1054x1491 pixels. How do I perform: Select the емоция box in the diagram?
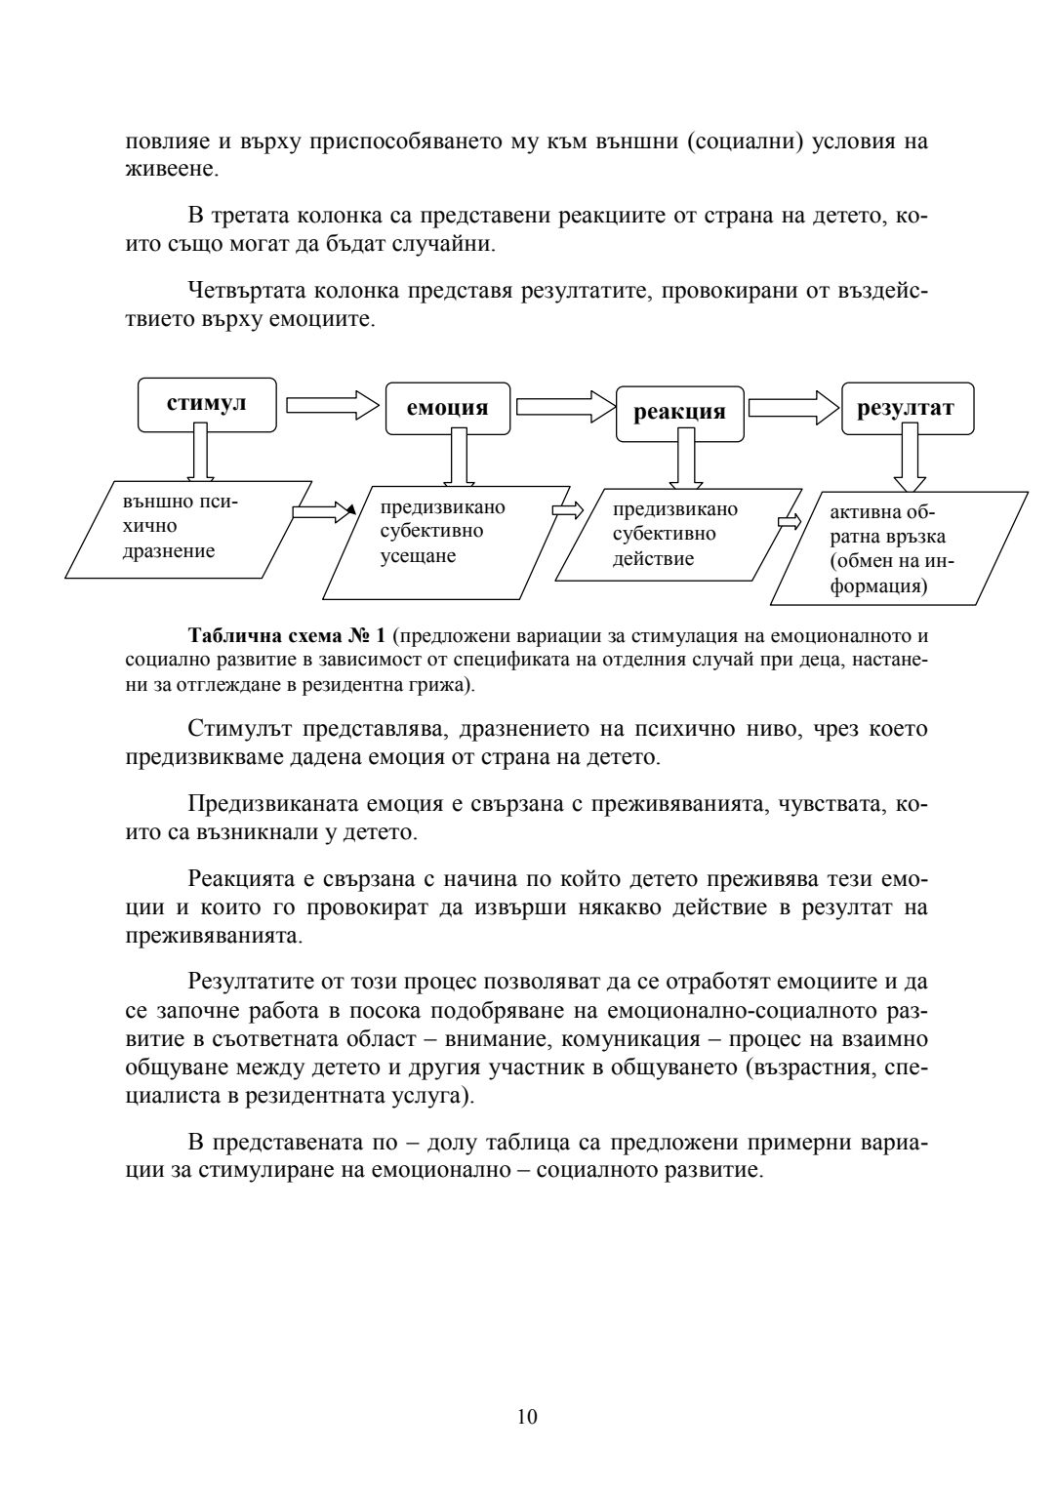pyautogui.click(x=447, y=408)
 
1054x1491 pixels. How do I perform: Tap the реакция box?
pyautogui.click(x=679, y=412)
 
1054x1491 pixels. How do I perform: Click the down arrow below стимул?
pyautogui.click(x=203, y=456)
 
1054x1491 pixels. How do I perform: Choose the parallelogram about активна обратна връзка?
pyautogui.click(x=898, y=548)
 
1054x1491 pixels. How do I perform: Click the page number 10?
pyautogui.click(x=527, y=1417)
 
